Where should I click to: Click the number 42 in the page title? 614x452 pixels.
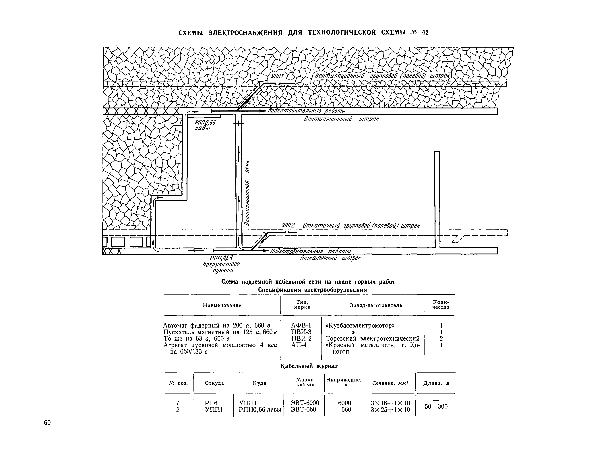425,33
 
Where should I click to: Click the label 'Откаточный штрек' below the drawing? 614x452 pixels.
330,258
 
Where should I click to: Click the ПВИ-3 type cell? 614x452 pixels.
301,332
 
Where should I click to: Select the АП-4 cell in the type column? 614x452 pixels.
299,345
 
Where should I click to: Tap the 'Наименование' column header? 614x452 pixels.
222,305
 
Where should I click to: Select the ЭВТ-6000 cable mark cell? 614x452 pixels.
305,403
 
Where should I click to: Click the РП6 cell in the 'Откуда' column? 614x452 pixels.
211,403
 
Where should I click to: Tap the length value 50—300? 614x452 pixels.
436,406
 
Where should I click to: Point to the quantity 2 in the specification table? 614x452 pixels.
441,338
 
